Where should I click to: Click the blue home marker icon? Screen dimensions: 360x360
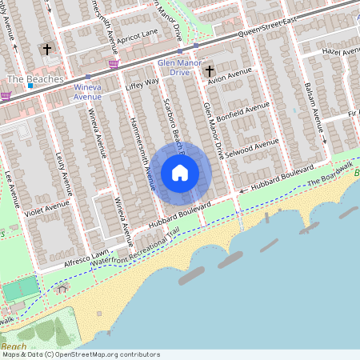tap(180, 173)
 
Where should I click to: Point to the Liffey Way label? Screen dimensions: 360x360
tap(142, 82)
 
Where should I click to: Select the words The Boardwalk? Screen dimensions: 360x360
tap(329, 173)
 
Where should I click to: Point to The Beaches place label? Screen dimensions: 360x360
tap(29, 80)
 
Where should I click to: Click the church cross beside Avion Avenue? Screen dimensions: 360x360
tap(210, 71)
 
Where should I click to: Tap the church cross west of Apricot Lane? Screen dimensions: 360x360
tap(46, 50)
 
